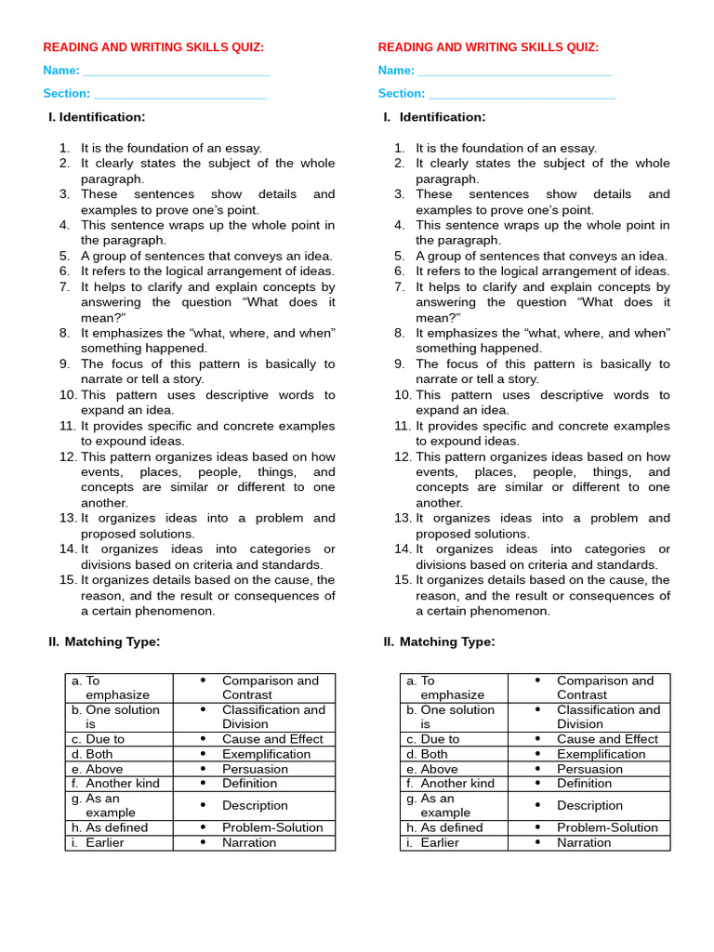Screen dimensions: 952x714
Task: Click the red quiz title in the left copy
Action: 153,47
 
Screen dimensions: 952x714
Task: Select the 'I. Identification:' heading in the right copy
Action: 434,117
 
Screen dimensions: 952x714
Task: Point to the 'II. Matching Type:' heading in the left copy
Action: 104,641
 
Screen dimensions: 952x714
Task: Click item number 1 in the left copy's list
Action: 64,148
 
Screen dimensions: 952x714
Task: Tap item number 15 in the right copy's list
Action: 402,580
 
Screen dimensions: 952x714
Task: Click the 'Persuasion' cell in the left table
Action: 255,769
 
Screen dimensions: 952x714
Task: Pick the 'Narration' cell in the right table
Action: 584,842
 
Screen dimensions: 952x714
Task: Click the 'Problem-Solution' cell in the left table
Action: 272,827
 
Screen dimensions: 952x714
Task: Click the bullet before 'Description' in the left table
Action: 203,805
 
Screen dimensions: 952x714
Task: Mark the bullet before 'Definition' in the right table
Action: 537,783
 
